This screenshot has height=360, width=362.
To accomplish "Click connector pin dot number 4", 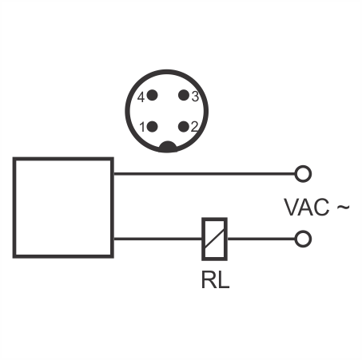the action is pos(152,95).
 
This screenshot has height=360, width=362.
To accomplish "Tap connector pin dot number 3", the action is pos(184,95).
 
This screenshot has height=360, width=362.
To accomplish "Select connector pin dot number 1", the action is pos(152,127).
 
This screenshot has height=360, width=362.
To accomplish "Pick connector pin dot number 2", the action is pos(184,127).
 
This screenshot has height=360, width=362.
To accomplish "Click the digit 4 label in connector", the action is pos(141,97).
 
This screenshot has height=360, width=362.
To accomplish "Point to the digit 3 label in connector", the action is pos(195,97).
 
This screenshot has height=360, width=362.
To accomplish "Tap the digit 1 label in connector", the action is pos(142,127).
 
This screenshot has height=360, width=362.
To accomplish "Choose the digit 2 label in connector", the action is pos(194,127).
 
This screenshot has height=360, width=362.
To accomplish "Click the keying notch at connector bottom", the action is pos(168,147).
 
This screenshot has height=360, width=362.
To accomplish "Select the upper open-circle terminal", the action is pos(303,174).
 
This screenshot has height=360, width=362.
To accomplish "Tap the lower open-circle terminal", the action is pos(303,239).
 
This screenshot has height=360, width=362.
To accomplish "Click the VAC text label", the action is pos(307,208).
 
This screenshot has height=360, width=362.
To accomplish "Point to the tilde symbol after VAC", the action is pos(343,207).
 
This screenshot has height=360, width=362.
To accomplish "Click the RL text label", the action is pos(215,280).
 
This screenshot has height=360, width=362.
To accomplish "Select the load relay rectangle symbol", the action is pos(214,239).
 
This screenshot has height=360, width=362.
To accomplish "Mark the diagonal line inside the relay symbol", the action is pos(214,239).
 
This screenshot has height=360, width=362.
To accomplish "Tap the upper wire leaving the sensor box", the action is pos(205,174).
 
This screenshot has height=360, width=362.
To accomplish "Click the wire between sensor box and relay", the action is pos(157,239).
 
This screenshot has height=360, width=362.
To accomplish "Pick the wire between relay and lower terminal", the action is pos(261,239).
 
